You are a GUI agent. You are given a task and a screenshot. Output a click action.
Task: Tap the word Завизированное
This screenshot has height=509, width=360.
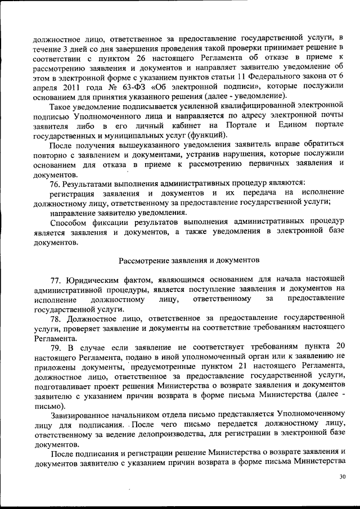point(86,415)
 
